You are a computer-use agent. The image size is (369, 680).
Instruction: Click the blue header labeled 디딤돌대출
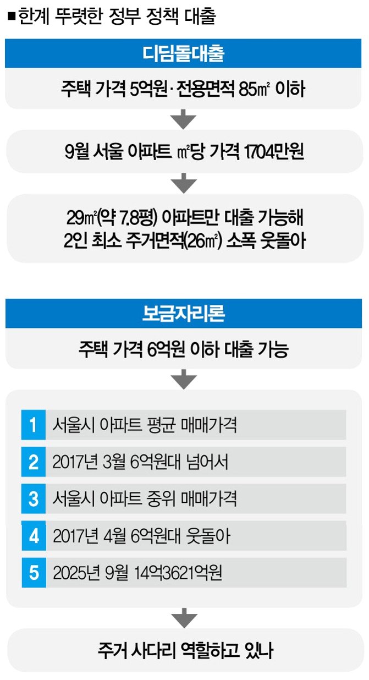tap(184, 54)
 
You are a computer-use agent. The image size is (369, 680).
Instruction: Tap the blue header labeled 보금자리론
tap(184, 313)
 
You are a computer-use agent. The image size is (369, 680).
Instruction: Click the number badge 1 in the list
tap(34, 425)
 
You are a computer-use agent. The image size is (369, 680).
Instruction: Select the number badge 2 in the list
tap(34, 462)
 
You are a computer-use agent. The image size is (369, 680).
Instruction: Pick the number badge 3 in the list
tap(34, 499)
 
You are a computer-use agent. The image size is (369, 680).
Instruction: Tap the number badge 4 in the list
tap(34, 536)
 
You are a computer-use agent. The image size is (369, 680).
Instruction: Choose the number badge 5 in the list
tap(34, 573)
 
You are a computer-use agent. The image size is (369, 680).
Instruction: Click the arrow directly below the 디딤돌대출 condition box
tap(184, 117)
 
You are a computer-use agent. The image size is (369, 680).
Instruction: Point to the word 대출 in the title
tap(197, 17)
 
